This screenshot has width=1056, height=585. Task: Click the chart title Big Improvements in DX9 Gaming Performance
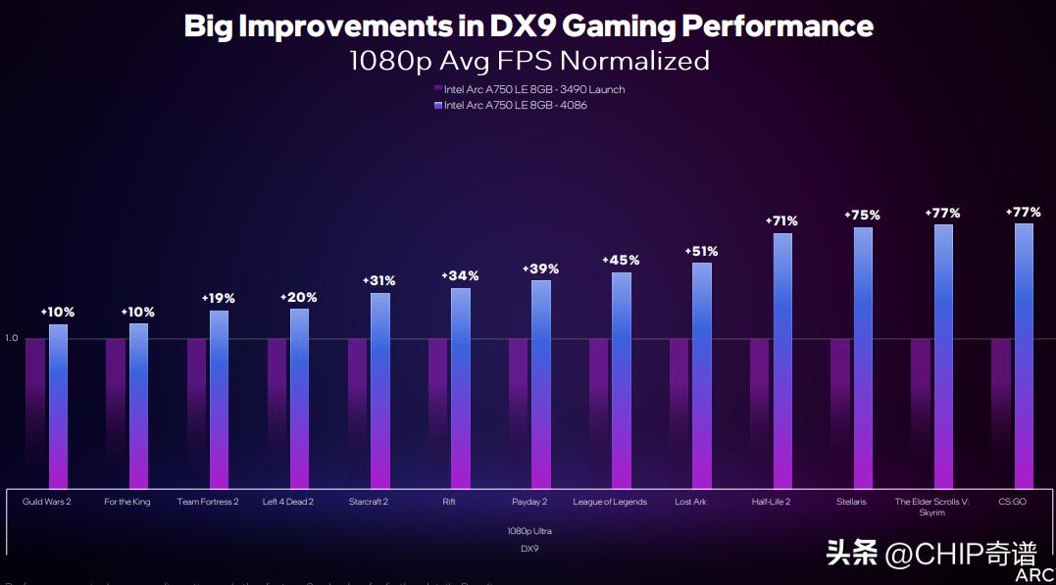tap(528, 25)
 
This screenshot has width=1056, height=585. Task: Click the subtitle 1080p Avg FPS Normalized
tap(528, 61)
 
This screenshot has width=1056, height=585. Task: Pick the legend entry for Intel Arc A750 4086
tap(516, 105)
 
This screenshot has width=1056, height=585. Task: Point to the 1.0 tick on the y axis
tap(12, 338)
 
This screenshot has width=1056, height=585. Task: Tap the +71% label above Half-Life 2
tap(781, 220)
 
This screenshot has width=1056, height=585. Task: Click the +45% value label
tap(621, 260)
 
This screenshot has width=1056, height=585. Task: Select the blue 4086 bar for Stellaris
tap(863, 358)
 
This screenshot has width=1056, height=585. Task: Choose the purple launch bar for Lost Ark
tap(679, 412)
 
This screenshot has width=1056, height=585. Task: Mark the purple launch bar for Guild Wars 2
tap(35, 412)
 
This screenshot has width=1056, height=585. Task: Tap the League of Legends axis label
tap(610, 502)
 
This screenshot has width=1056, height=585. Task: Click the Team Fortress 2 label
tap(208, 502)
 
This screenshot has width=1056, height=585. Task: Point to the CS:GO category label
tap(1012, 502)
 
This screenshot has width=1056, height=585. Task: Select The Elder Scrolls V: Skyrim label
tap(931, 507)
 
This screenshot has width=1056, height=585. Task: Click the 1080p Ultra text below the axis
tap(529, 530)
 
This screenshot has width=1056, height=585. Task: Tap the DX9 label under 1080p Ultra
tap(529, 549)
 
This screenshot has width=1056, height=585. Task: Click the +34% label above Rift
tap(460, 276)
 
